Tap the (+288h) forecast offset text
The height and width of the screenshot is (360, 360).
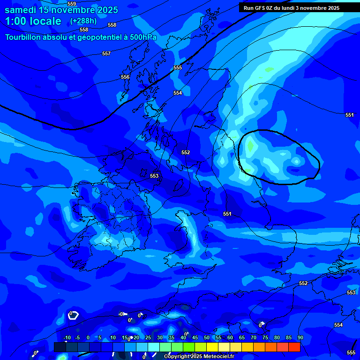(83, 21)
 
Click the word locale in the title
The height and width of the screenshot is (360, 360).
(45, 21)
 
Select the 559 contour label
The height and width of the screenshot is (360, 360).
(72, 4)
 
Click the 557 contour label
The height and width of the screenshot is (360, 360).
(106, 54)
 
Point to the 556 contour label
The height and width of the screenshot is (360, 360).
(125, 77)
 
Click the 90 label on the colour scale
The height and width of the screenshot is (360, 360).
(300, 337)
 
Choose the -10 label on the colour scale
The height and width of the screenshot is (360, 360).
(67, 337)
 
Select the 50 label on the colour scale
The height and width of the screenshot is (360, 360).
(207, 337)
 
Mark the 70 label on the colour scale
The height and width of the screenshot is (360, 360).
(254, 337)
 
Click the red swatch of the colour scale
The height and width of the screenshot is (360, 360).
(294, 347)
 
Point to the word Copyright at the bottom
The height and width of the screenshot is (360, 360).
(177, 357)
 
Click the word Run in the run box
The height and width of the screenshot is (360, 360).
(248, 8)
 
